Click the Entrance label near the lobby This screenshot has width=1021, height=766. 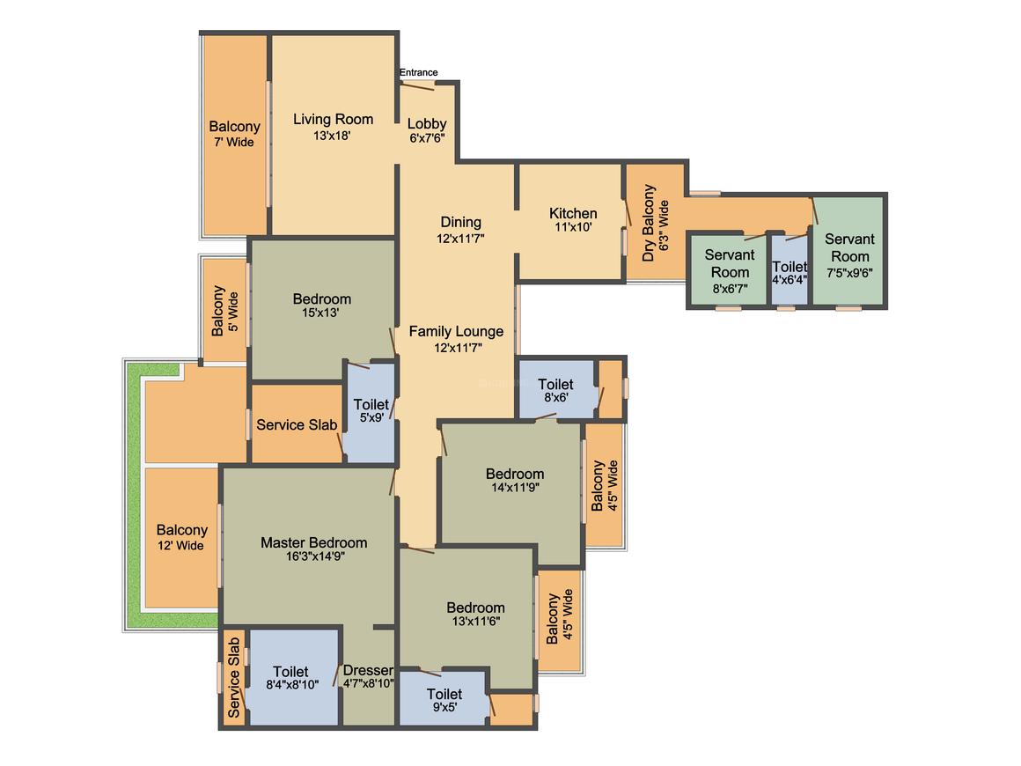(x=418, y=72)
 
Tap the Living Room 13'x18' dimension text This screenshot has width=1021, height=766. (x=332, y=136)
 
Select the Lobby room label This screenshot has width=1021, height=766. (x=427, y=124)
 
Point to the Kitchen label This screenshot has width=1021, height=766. (x=573, y=213)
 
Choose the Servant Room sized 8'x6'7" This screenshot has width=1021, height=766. (x=730, y=271)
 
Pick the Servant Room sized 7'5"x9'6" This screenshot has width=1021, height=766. (x=849, y=255)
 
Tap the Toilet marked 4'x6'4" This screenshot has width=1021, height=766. (x=790, y=272)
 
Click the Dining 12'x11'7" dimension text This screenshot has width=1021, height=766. (x=460, y=239)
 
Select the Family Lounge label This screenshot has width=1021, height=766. (x=456, y=331)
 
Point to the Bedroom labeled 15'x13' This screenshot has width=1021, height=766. (x=321, y=305)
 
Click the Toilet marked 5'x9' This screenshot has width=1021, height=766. (x=371, y=410)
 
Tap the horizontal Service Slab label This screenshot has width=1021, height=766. (x=297, y=424)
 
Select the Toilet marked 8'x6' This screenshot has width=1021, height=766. (x=555, y=389)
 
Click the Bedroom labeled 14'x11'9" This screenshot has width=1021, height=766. (x=515, y=479)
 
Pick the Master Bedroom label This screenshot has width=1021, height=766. (x=314, y=542)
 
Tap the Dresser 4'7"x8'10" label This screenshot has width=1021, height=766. (x=369, y=676)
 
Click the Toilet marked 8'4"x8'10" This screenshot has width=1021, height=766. (x=291, y=677)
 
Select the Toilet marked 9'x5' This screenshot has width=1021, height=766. (x=444, y=700)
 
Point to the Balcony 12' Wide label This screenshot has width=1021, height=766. (x=181, y=537)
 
